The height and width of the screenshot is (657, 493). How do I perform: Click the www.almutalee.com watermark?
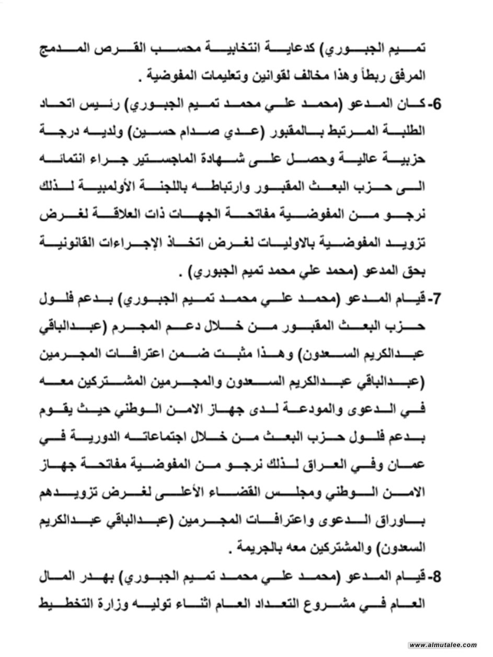[x=443, y=645]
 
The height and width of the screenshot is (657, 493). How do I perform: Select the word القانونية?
[x=68, y=244]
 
